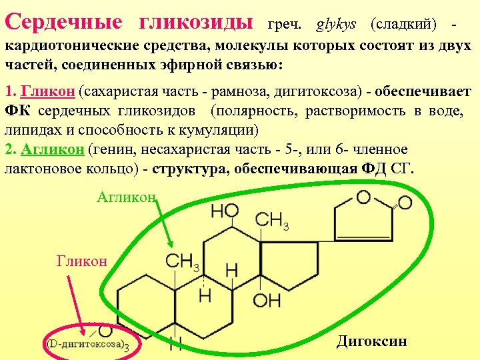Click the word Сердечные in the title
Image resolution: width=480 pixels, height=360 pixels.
coord(63,22)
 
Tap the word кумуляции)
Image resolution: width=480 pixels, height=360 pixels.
coord(226,129)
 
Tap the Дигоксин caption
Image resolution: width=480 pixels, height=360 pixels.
coord(371,342)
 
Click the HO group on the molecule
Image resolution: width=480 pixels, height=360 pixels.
coord(225,212)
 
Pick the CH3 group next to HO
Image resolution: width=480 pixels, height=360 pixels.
coord(271,220)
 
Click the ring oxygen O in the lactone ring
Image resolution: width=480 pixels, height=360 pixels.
coord(363,197)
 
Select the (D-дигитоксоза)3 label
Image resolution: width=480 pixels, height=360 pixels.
coord(87,345)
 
